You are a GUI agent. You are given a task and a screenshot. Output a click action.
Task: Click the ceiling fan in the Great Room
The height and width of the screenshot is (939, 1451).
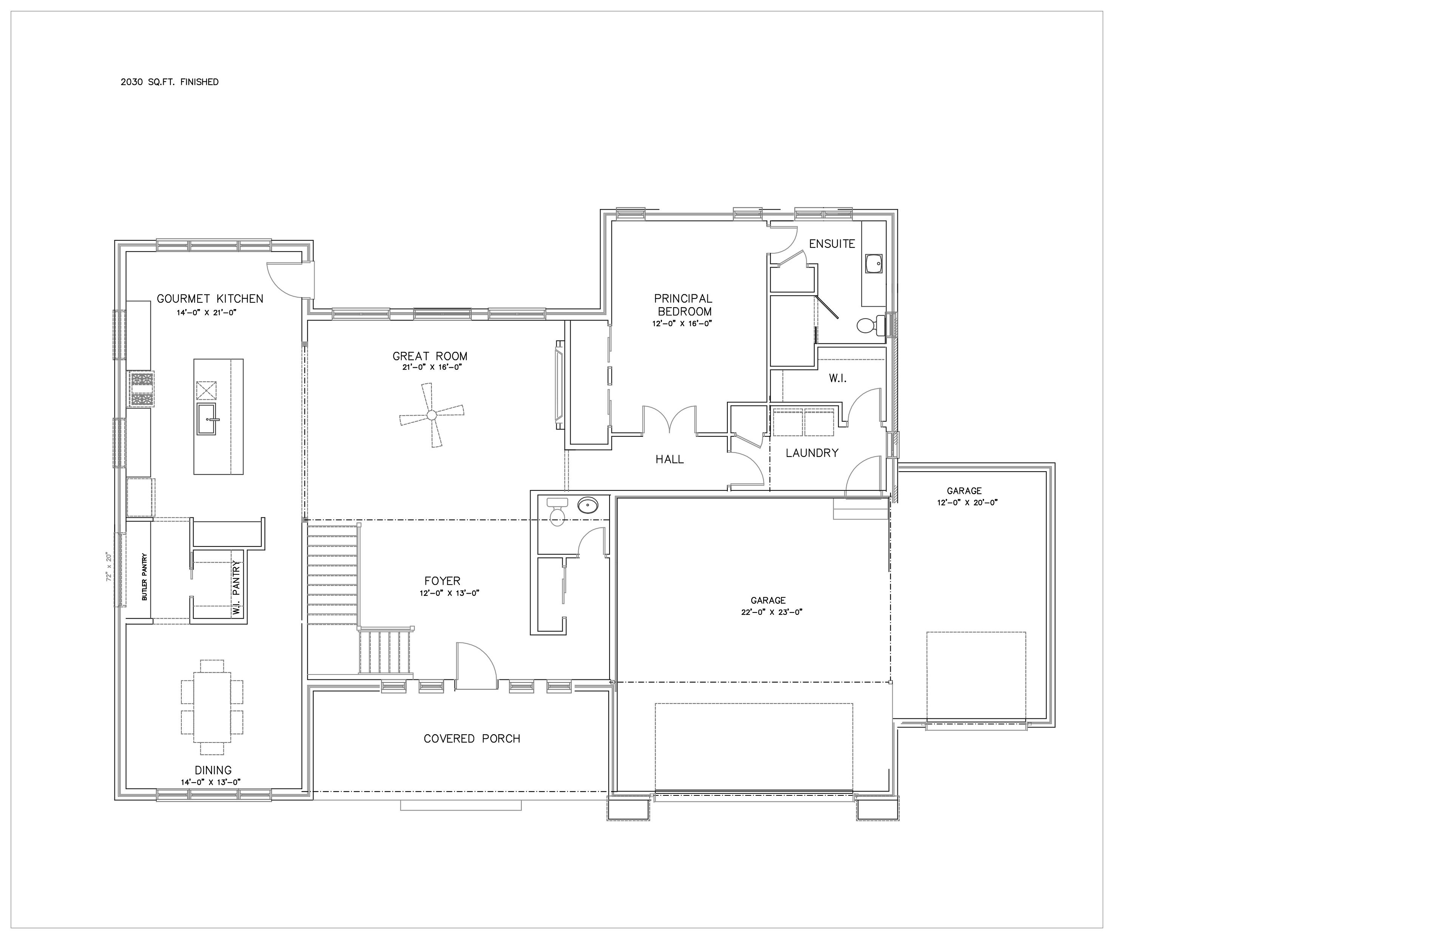pyautogui.click(x=432, y=415)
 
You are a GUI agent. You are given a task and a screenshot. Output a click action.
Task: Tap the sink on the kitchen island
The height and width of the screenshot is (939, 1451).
pyautogui.click(x=207, y=419)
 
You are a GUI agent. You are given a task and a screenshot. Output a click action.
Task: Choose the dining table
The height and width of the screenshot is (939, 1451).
pyautogui.click(x=212, y=707)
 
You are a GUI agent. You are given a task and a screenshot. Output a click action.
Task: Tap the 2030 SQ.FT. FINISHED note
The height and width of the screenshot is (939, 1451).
pyautogui.click(x=170, y=82)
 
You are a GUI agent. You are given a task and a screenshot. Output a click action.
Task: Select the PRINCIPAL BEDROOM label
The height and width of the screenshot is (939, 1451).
pyautogui.click(x=683, y=305)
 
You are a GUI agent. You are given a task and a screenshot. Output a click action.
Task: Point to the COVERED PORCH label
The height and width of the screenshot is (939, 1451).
pyautogui.click(x=472, y=739)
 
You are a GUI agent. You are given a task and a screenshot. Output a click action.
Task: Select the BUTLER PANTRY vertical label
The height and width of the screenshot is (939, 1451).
pyautogui.click(x=144, y=577)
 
